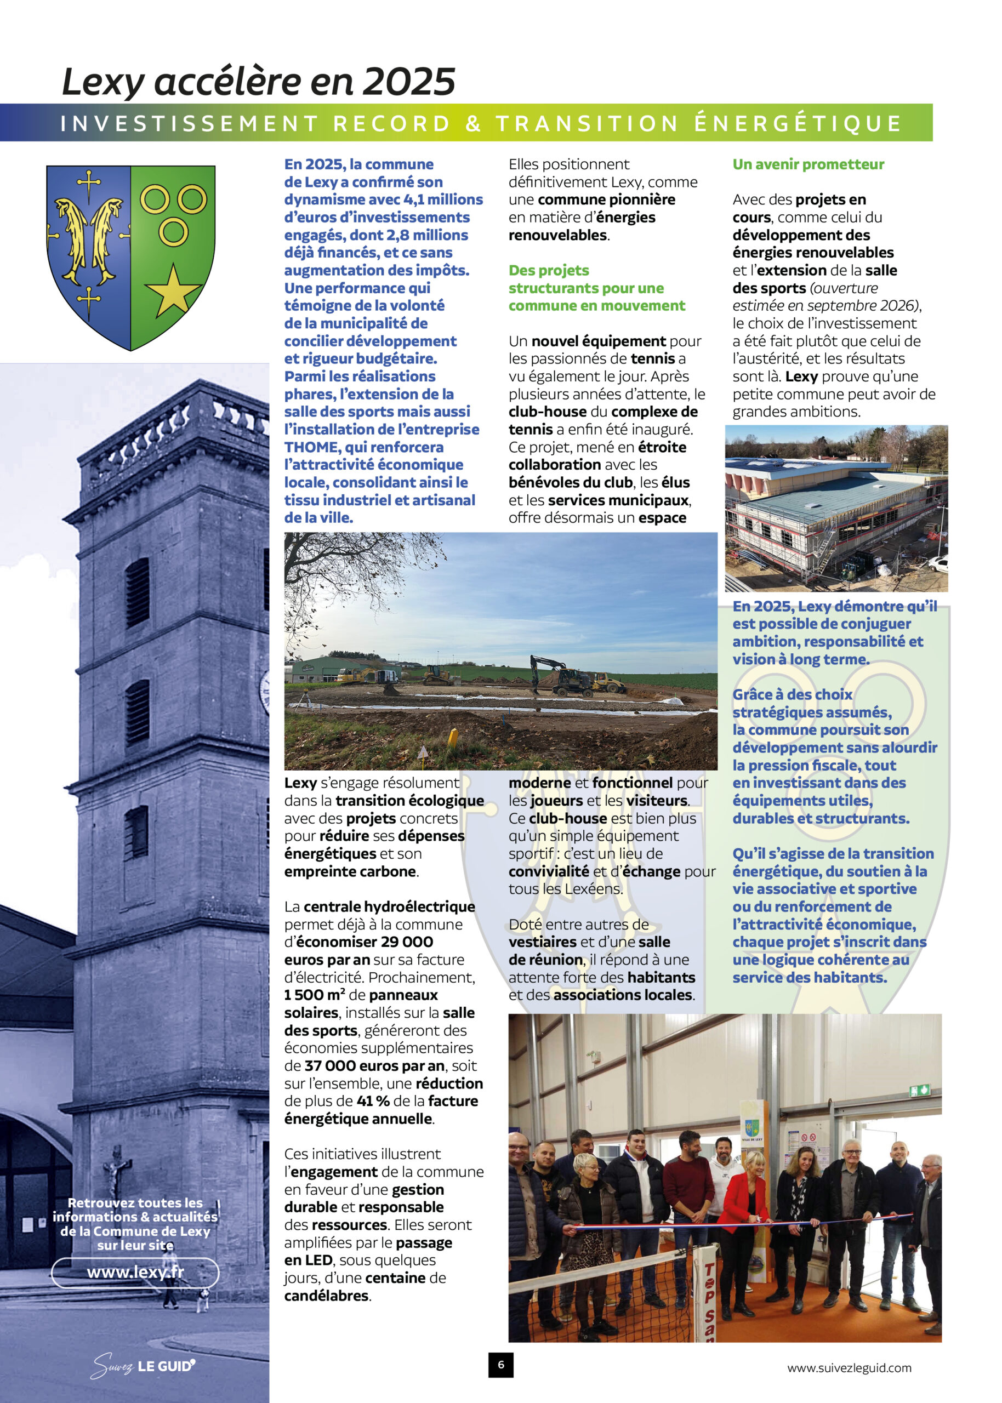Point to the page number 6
(x=500, y=1364)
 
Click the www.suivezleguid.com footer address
(x=849, y=1367)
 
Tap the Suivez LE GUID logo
(x=143, y=1365)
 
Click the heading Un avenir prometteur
(x=809, y=164)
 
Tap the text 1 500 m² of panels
(x=314, y=995)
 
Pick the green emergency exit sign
(x=919, y=1090)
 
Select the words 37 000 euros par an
(x=374, y=1065)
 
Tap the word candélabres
(x=326, y=1296)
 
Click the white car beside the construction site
(x=937, y=562)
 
